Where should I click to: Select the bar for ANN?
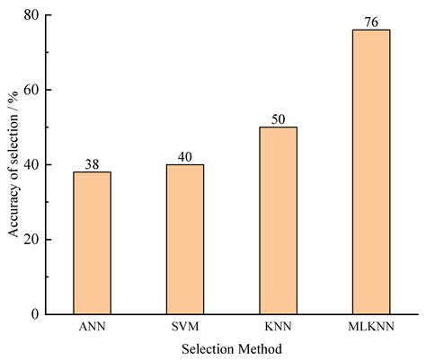point(93,242)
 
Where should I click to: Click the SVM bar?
point(185,239)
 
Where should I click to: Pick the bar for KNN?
point(278,220)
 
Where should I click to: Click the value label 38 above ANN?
point(93,163)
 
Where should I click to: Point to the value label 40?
point(185,156)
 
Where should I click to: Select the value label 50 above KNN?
point(278,119)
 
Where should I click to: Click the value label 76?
point(370,22)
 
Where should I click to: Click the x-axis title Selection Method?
point(231,347)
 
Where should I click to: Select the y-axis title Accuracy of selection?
point(13,164)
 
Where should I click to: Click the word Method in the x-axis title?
point(261,347)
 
